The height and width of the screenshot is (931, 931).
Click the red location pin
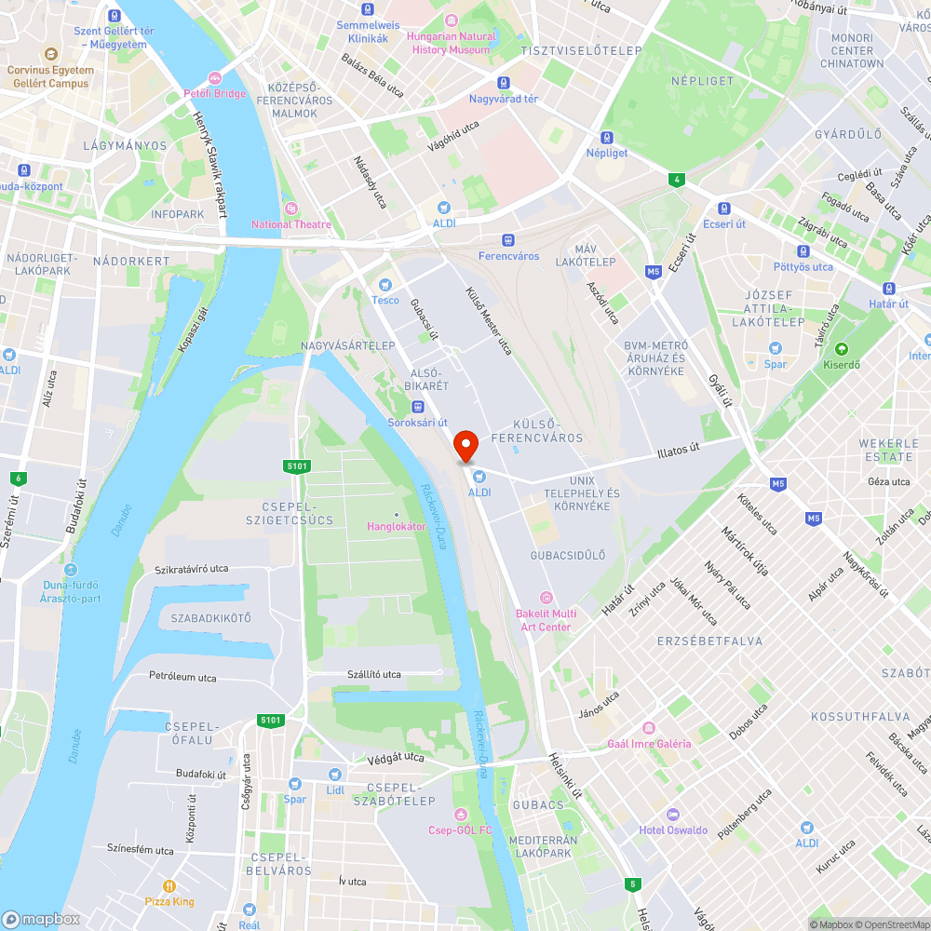click(x=465, y=446)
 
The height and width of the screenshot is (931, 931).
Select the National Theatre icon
click(x=290, y=209)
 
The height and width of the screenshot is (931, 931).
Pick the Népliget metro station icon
click(x=607, y=137)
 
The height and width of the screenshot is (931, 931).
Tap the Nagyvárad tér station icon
click(x=504, y=83)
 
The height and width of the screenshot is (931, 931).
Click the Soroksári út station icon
click(x=418, y=407)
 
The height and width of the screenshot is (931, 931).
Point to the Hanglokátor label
click(x=397, y=526)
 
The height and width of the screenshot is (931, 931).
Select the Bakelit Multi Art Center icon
click(x=546, y=597)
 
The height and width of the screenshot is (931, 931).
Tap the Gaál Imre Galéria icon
click(x=649, y=728)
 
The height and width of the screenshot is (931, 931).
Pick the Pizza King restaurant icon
click(x=169, y=886)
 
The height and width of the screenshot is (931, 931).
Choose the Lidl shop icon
click(x=335, y=774)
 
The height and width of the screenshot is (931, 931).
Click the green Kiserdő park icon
click(x=843, y=349)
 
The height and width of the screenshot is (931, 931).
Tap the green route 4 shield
click(x=677, y=180)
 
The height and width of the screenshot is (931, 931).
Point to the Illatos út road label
click(x=678, y=451)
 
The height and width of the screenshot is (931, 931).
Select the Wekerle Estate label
click(x=888, y=450)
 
